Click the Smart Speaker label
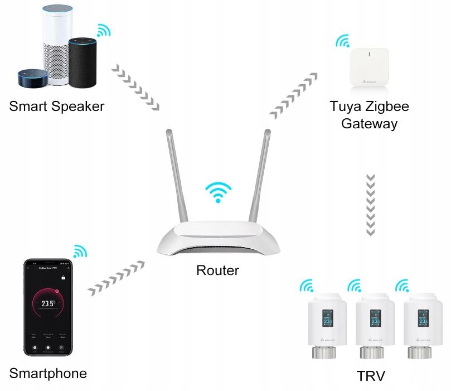click(57, 106)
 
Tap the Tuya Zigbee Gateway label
click(370, 114)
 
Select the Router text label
click(217, 271)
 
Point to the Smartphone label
click(49, 373)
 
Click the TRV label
click(371, 375)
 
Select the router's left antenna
click(178, 178)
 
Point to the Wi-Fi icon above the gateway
click(342, 42)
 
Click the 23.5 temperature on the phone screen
click(48, 303)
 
